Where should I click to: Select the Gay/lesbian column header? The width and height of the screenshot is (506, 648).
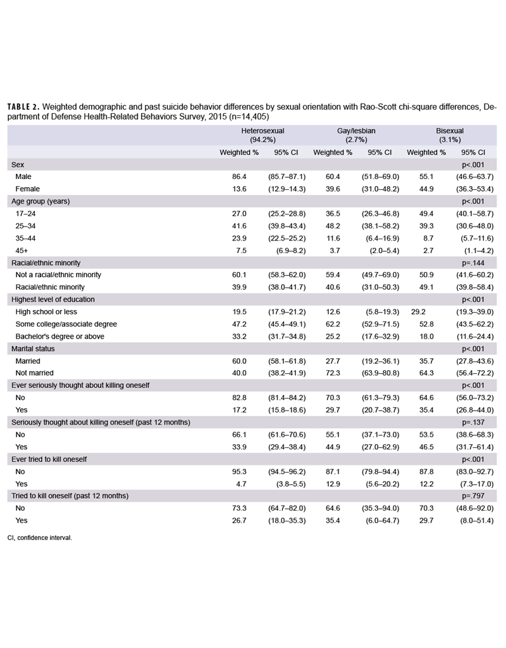coord(356,130)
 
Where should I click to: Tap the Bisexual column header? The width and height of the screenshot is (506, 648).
coord(450,130)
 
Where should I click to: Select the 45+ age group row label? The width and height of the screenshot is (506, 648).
coord(21,250)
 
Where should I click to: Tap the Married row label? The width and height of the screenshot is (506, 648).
coord(28,361)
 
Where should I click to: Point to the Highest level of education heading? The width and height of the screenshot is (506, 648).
coord(53,299)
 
